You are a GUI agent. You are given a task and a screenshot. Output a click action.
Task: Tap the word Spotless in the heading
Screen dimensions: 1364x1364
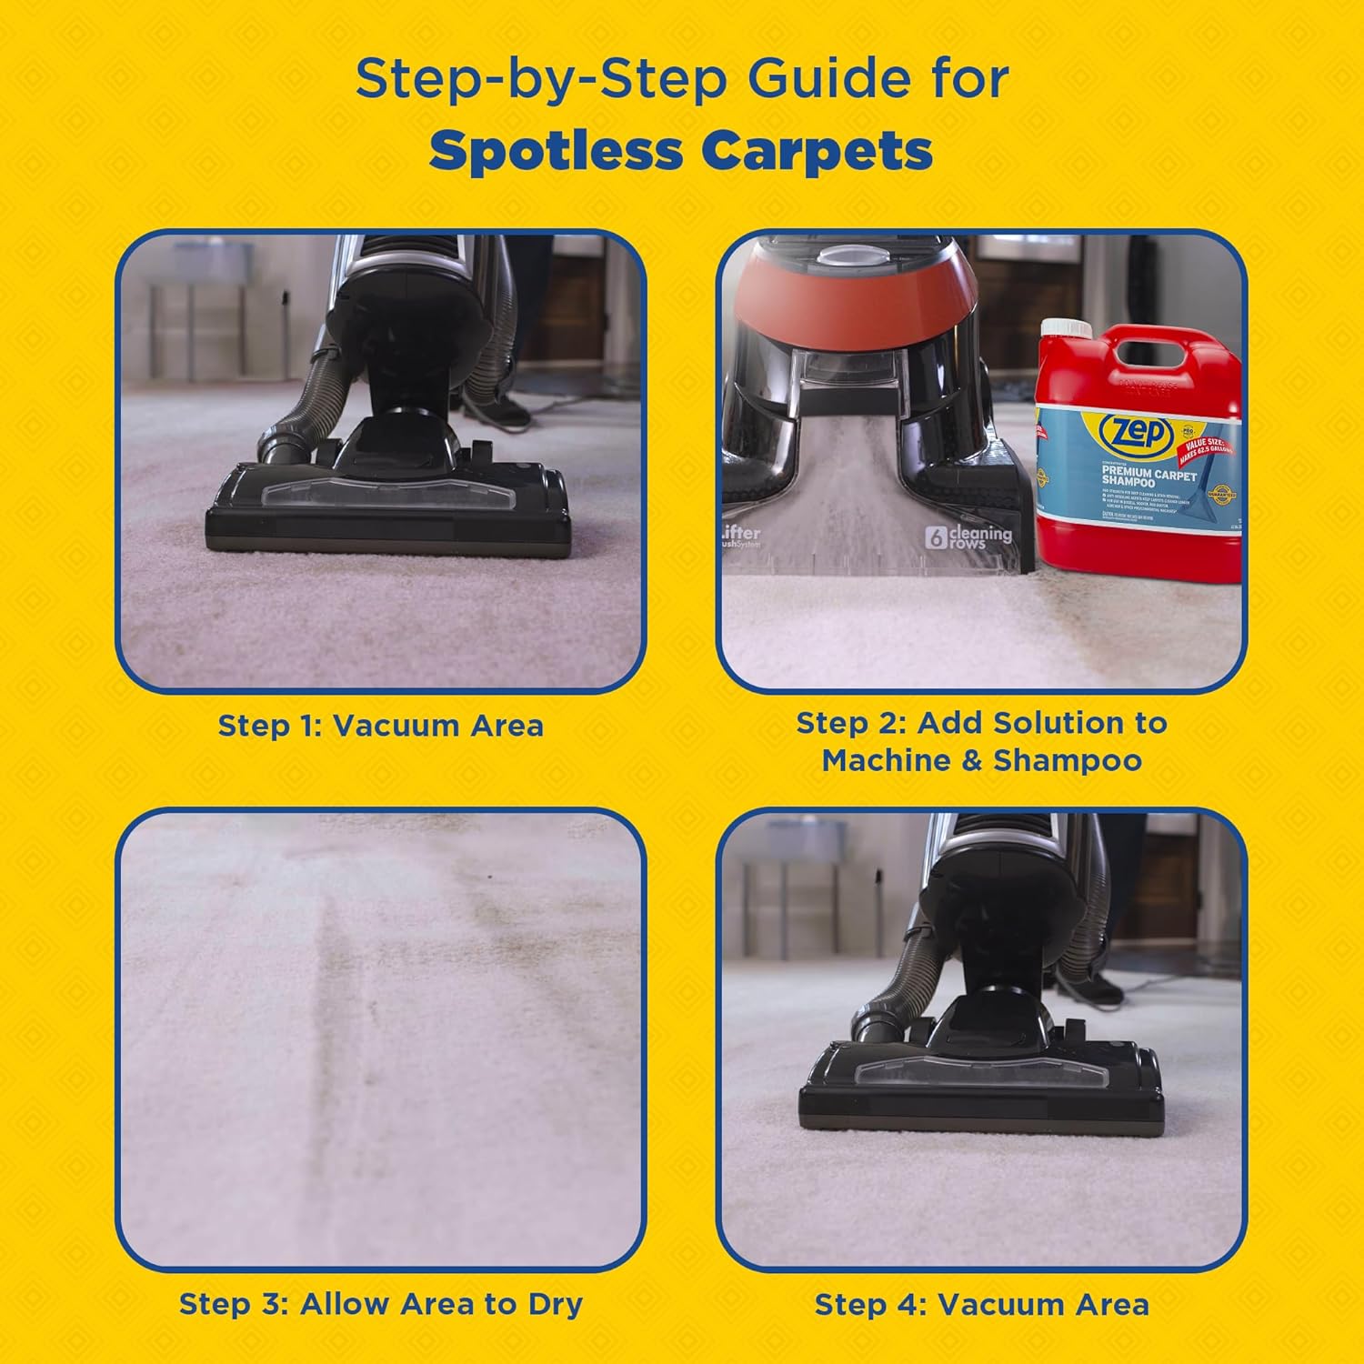[x=556, y=151]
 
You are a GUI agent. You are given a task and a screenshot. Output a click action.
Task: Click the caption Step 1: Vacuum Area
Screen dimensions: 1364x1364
[x=380, y=726]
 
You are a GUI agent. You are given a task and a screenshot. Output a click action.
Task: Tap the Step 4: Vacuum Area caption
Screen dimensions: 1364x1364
[x=981, y=1305]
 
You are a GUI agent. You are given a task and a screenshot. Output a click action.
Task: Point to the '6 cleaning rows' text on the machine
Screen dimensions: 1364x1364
[x=968, y=537]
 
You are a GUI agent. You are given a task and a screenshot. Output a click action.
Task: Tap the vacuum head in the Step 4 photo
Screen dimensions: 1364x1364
[x=981, y=1087]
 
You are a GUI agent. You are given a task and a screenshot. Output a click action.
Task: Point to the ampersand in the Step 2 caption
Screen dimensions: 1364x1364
[x=972, y=760]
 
